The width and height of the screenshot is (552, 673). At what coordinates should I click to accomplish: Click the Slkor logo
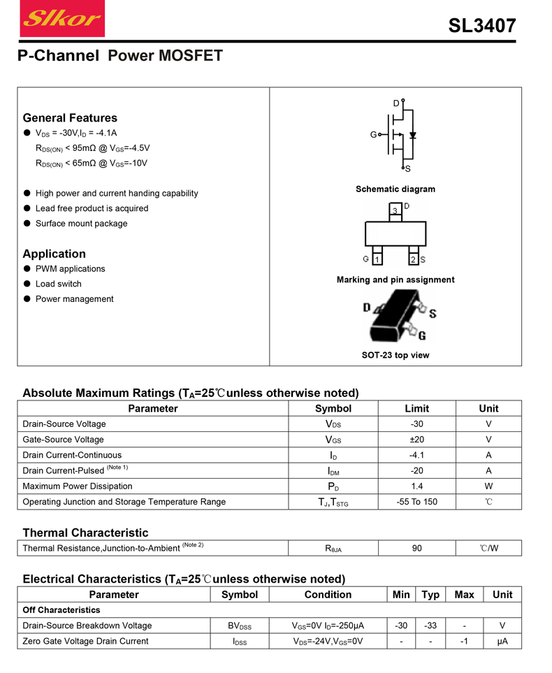[x=63, y=19]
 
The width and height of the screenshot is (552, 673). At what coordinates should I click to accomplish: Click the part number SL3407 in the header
[x=481, y=26]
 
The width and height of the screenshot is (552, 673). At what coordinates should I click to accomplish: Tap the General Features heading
[x=70, y=118]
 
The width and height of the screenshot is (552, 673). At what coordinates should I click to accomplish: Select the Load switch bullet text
[x=59, y=284]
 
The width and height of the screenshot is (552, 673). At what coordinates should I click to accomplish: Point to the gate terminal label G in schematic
[x=374, y=134]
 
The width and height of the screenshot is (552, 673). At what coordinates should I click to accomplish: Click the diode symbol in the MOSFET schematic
[x=413, y=135]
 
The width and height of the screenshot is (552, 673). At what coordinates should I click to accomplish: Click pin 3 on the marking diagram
[x=395, y=210]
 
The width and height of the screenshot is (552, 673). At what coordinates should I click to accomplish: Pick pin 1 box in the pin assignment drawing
[x=377, y=260]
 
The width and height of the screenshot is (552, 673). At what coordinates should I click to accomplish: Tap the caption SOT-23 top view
[x=395, y=355]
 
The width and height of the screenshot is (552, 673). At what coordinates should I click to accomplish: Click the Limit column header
[x=416, y=409]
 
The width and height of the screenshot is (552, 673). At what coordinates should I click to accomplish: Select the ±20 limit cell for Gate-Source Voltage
[x=416, y=440]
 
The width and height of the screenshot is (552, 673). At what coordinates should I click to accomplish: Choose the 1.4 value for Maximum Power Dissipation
[x=416, y=486]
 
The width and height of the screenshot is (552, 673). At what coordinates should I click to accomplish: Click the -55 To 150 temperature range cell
[x=416, y=502]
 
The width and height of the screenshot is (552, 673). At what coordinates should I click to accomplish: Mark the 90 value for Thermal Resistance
[x=416, y=549]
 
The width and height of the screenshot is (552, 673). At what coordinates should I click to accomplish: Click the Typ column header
[x=430, y=595]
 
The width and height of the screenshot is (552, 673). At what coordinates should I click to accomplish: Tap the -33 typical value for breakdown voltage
[x=430, y=625]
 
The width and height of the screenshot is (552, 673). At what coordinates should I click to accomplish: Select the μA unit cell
[x=502, y=641]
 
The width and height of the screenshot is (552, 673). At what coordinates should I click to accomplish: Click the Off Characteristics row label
[x=61, y=610]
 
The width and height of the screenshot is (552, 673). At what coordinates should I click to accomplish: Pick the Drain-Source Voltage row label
[x=64, y=424]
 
